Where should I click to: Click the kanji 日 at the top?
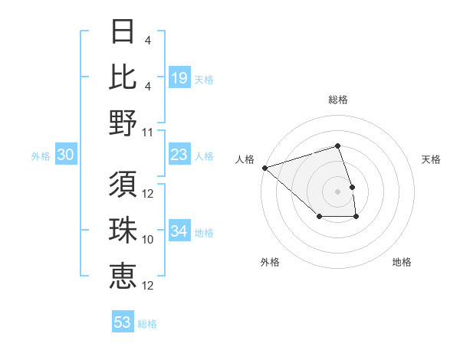tap(123, 31)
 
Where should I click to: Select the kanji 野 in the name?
tap(123, 122)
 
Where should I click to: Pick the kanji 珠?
tap(123, 229)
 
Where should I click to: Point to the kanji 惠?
tap(123, 274)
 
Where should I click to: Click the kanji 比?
tap(123, 77)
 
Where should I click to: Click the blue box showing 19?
tap(179, 78)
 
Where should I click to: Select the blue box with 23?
tap(179, 155)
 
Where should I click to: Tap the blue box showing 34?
tap(179, 231)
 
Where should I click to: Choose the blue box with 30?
tap(66, 155)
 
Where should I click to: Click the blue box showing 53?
tap(123, 322)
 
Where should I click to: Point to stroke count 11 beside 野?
tap(149, 133)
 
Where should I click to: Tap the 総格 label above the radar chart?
tap(338, 100)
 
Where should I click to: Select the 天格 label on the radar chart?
tap(432, 159)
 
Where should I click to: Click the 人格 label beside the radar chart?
tap(245, 159)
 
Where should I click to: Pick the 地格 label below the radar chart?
tap(402, 262)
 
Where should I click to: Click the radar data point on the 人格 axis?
tap(264, 167)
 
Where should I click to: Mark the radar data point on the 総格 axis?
tap(338, 146)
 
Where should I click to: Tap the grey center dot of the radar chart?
tap(338, 191)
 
